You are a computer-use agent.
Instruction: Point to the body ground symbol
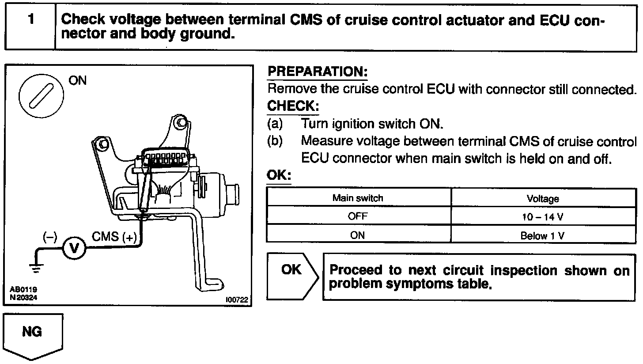36,266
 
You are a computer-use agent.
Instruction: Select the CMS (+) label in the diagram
114,237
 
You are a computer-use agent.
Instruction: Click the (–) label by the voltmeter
49,237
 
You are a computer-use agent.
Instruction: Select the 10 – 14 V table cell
543,217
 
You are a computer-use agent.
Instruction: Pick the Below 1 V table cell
543,235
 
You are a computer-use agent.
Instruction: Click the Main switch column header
358,198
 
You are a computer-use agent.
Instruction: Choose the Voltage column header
543,199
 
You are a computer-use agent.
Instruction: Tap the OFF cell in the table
358,217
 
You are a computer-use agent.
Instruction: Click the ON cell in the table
358,235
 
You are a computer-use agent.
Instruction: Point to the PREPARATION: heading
318,72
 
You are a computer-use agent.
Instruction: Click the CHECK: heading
293,106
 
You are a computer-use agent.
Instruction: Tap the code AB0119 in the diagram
23,290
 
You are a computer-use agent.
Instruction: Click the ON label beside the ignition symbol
78,80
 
